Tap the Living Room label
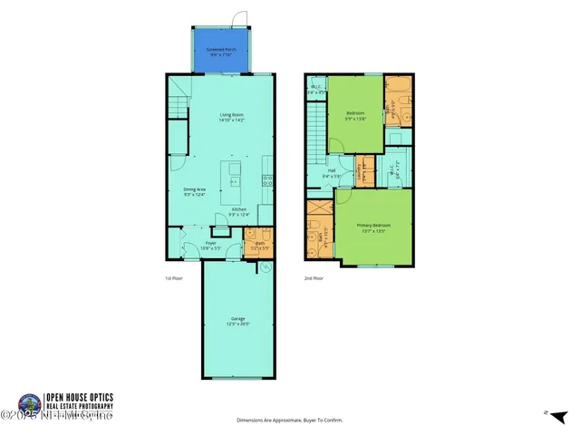[x=232, y=115]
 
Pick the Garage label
[x=238, y=318]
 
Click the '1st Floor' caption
[x=173, y=278]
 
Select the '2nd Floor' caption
[x=314, y=278]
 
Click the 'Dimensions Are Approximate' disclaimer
[x=289, y=420]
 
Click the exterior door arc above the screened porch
[x=238, y=17]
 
